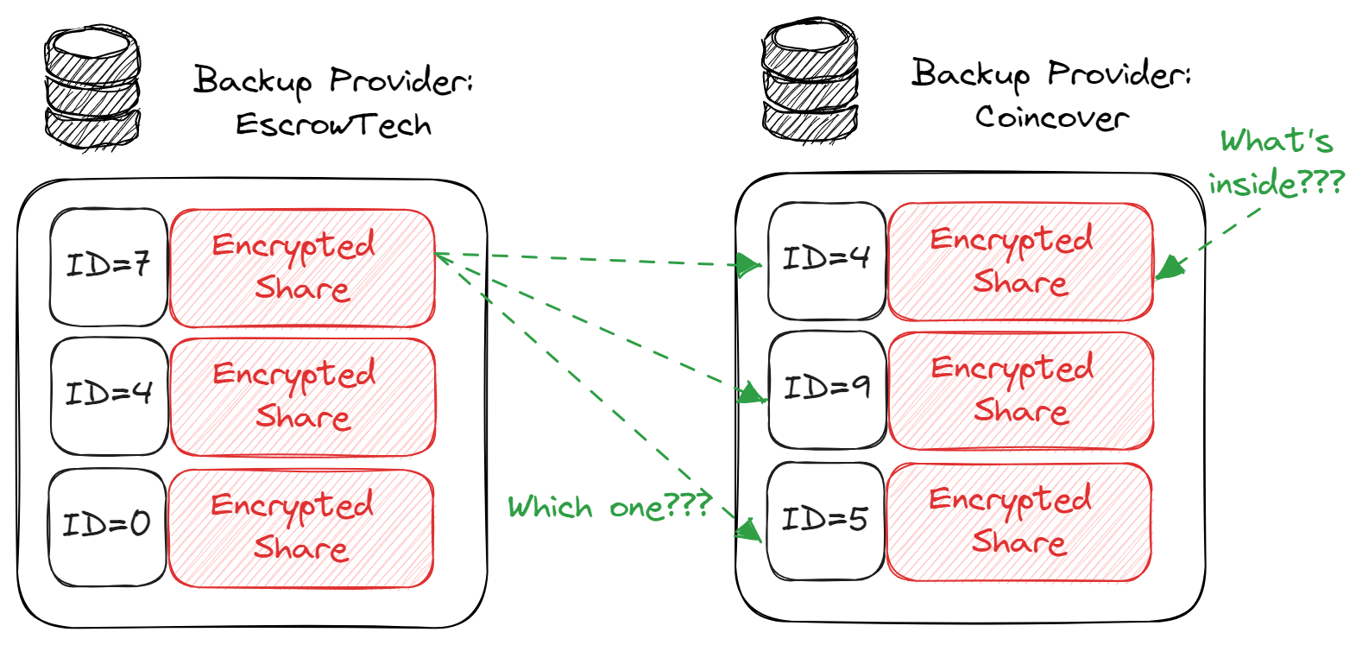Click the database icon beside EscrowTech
91,88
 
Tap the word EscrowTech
334,125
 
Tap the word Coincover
1051,117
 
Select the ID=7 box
109,266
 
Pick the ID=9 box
827,389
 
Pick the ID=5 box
825,520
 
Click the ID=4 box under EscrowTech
109,395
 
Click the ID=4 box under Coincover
827,259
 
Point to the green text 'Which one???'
609,506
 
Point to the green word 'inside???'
1276,184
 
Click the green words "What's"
1276,141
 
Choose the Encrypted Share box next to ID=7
302,268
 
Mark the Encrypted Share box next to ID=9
1020,391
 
